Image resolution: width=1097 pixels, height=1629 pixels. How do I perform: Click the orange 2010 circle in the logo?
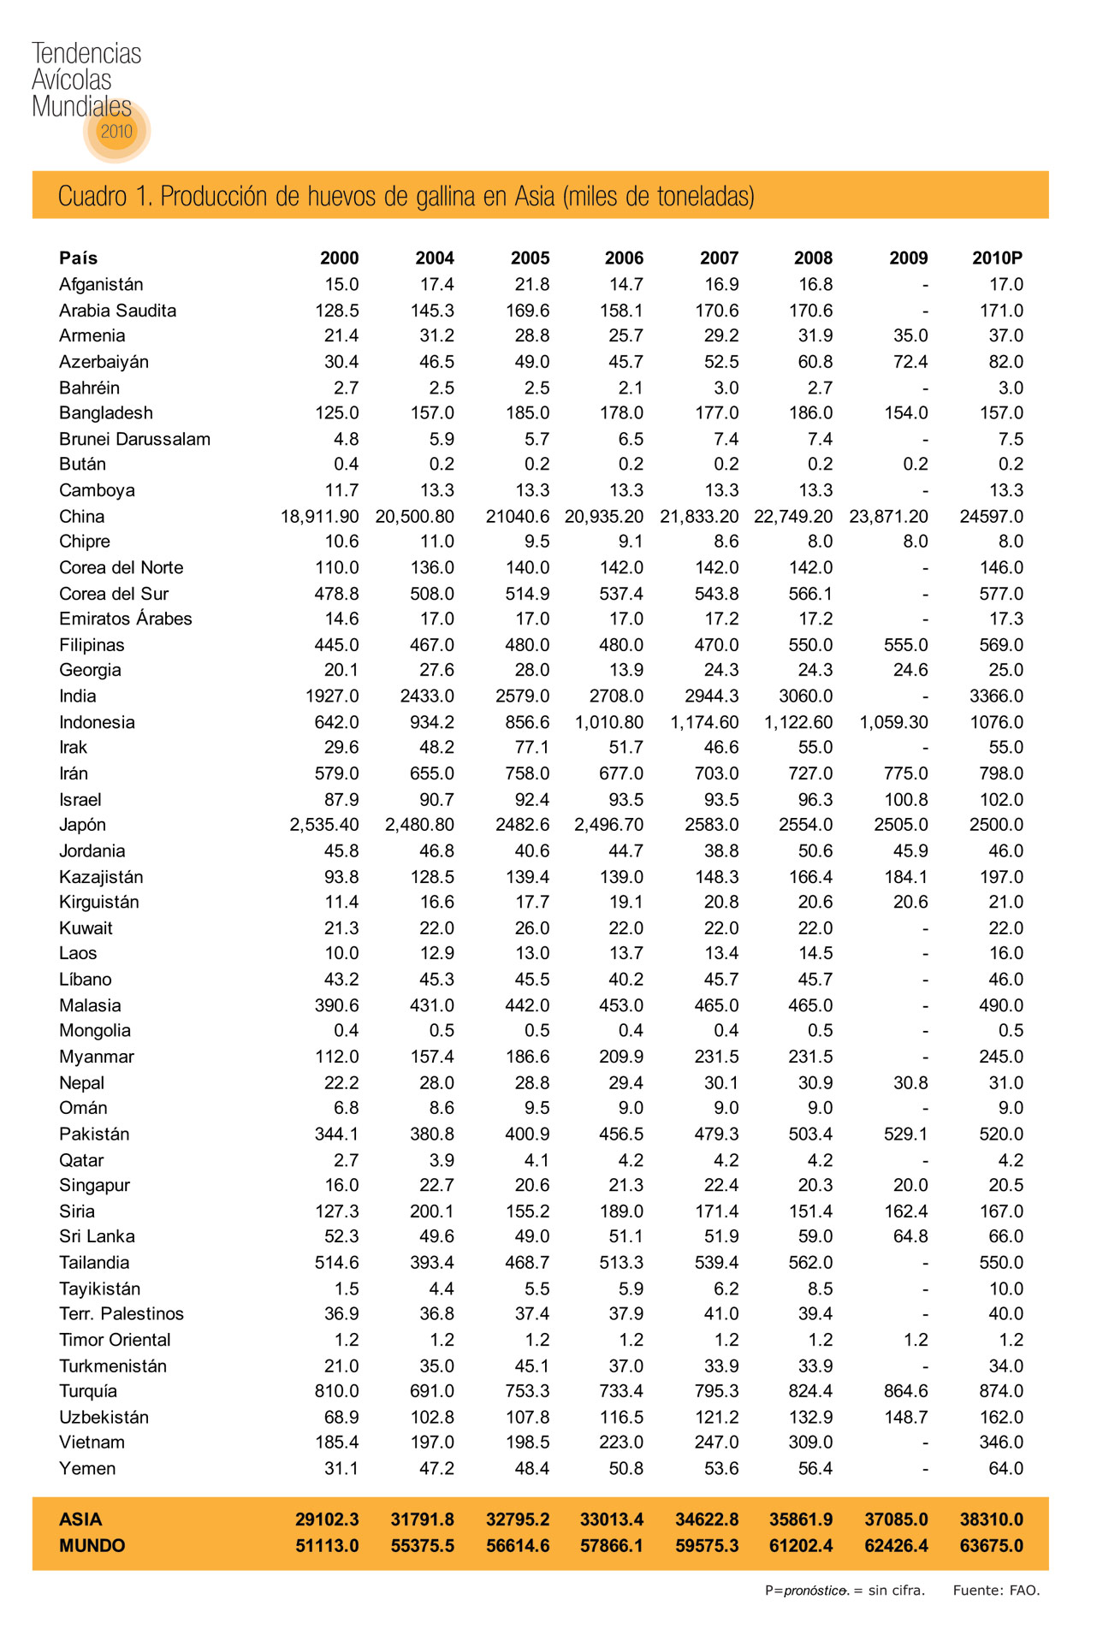117,131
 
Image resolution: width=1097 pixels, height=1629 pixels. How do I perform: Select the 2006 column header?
624,258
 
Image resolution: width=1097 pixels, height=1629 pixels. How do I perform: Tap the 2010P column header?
997,258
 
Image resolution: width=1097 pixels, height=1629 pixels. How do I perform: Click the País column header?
79,258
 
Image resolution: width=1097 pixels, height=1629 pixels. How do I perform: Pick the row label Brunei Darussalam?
134,439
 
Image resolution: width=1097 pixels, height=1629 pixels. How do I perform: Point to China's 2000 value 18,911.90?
320,517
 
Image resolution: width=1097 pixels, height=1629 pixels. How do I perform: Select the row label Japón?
83,825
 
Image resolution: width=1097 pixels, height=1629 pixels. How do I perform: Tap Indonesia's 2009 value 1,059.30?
893,722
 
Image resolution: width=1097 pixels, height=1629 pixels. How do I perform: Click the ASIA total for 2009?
896,1519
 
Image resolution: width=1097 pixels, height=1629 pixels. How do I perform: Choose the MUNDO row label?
92,1546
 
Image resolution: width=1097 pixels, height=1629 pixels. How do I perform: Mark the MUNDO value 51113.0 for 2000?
327,1546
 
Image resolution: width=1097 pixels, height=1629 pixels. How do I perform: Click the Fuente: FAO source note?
996,1590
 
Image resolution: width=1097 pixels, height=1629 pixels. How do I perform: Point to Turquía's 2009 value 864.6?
905,1391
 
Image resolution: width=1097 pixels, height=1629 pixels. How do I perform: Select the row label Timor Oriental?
115,1340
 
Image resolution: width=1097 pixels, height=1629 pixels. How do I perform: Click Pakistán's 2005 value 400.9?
527,1134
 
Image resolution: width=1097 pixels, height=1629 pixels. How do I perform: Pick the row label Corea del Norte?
121,567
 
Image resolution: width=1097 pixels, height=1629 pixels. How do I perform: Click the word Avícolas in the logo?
72,80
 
